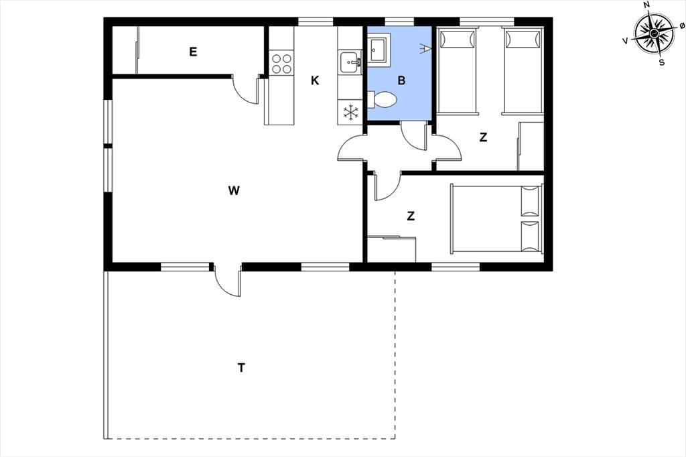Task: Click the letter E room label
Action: click(x=193, y=52)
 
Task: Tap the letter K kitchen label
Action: click(x=315, y=80)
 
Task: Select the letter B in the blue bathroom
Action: click(x=402, y=80)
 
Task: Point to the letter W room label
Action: click(x=234, y=190)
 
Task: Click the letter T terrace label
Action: click(x=241, y=368)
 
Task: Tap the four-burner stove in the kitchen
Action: click(x=282, y=64)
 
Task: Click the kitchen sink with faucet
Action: click(x=350, y=62)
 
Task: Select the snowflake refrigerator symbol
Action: click(x=350, y=112)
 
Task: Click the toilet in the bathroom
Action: click(x=382, y=99)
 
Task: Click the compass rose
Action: click(x=653, y=34)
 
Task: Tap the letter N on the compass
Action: click(x=646, y=5)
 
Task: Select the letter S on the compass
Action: click(x=662, y=62)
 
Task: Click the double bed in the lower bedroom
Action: click(x=496, y=218)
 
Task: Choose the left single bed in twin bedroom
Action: click(x=457, y=71)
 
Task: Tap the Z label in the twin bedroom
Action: click(x=484, y=137)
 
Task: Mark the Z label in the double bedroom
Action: click(x=411, y=216)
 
